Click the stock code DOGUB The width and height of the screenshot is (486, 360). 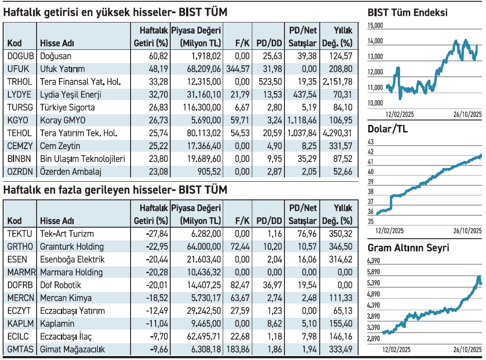click(19, 56)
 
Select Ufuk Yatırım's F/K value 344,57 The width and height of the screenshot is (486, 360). click(238, 69)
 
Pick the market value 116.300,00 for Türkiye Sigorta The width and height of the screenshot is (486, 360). click(201, 107)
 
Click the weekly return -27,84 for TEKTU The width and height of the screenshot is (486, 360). click(157, 234)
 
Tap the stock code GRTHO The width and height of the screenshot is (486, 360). click(19, 247)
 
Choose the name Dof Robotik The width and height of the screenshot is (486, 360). click(61, 285)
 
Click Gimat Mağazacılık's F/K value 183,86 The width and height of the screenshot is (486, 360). click(238, 349)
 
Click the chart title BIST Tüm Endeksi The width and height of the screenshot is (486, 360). click(407, 13)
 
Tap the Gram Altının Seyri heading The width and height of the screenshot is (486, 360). click(408, 248)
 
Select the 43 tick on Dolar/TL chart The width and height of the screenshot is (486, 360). click(370, 142)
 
